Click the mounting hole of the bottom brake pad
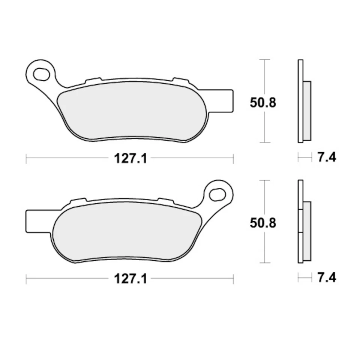[x=218, y=194]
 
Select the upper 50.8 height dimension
[x=263, y=102]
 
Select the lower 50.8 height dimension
[x=263, y=223]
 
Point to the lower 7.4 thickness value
[x=327, y=278]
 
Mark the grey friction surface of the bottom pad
[x=127, y=231]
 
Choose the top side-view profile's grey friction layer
[x=307, y=111]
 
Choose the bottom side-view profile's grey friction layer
[x=307, y=231]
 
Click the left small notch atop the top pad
[x=93, y=80]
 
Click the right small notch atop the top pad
[x=180, y=80]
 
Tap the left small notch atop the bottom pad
[x=78, y=201]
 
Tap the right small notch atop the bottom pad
[x=165, y=200]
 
